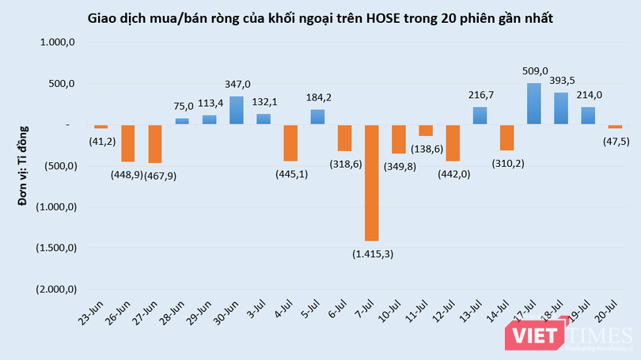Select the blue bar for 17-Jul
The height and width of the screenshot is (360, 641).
pyautogui.click(x=534, y=104)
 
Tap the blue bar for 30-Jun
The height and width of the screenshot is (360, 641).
pyautogui.click(x=236, y=110)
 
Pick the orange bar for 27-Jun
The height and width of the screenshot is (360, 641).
pyautogui.click(x=155, y=143)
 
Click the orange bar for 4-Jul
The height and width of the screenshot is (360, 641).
pyautogui.click(x=290, y=142)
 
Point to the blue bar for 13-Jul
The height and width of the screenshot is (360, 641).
pyautogui.click(x=480, y=116)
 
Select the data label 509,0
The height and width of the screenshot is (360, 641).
pyautogui.click(x=535, y=71)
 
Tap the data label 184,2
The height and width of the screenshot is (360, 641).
pyautogui.click(x=317, y=98)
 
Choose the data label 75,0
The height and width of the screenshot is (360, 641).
pyautogui.click(x=183, y=107)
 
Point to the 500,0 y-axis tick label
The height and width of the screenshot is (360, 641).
pyautogui.click(x=60, y=85)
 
